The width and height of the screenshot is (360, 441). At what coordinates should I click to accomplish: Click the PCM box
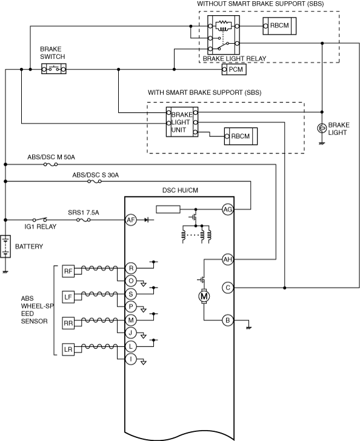pos(234,70)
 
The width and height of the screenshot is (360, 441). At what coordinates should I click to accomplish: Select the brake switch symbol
pos(54,69)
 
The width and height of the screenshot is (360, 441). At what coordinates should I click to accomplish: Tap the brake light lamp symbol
pos(322,128)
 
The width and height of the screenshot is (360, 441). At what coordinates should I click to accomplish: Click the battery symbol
pos(5,246)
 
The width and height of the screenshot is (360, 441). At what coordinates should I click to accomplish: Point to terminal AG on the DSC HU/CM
pos(228,209)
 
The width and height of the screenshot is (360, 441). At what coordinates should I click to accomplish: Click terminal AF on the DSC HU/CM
pos(131,220)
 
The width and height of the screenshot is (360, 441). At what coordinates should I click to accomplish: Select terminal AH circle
pos(228,259)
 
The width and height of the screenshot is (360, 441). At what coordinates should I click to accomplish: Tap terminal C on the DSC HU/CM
pos(228,288)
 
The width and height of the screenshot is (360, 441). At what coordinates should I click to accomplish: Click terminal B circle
pos(228,320)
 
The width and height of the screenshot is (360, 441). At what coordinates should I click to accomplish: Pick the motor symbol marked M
pos(204,296)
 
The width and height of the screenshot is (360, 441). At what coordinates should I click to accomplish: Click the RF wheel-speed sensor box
pos(68,271)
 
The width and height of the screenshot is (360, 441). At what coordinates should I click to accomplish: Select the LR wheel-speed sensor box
pos(68,349)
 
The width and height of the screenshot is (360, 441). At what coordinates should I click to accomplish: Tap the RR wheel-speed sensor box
pos(68,323)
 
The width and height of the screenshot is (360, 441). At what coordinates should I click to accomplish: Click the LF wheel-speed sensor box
pos(68,297)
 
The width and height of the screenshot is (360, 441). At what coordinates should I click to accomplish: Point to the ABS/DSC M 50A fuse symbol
pos(50,164)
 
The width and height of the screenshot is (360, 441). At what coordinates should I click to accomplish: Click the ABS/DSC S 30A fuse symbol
pos(95,181)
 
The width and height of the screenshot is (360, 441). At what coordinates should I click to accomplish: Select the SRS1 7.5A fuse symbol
pos(84,220)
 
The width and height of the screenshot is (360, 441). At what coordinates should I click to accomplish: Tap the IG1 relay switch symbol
pos(39,219)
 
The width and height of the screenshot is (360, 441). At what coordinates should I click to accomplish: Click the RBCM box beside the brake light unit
pos(241,136)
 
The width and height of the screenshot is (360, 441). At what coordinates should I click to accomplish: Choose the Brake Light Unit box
pos(182,122)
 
